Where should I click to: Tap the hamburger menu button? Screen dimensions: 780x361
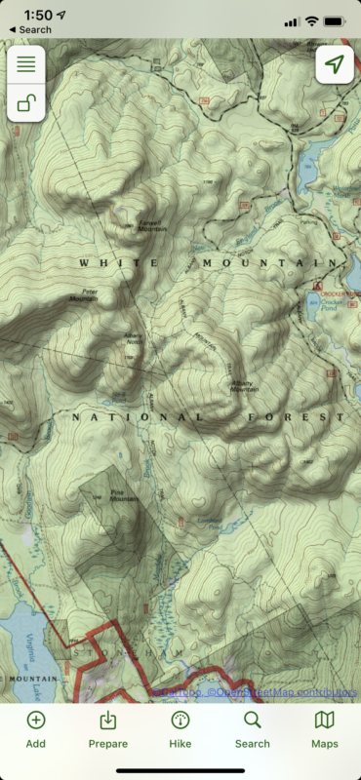25,64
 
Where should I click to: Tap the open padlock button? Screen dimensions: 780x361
25,103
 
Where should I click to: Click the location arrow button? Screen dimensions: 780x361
335,64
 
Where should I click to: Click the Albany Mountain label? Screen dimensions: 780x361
245,387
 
